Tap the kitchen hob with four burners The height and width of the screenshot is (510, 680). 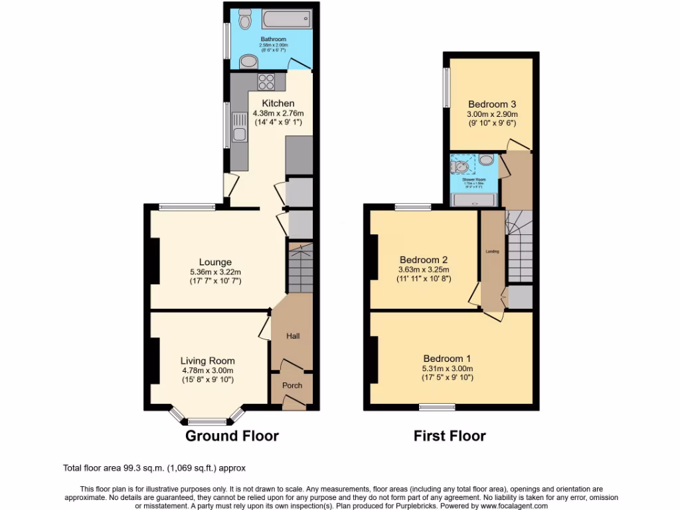(x=266, y=82)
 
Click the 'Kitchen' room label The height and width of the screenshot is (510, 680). (x=278, y=103)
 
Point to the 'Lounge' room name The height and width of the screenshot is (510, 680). (x=215, y=262)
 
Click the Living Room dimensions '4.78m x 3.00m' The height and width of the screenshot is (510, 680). (x=208, y=371)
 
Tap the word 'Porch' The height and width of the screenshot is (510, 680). (x=292, y=385)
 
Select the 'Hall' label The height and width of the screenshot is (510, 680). (x=293, y=336)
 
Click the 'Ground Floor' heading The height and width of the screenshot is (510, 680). (x=231, y=436)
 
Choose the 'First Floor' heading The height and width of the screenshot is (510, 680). (x=450, y=436)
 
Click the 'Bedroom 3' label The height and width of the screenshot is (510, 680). (x=492, y=104)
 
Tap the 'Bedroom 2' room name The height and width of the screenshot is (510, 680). (x=424, y=260)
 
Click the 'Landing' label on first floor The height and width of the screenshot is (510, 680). (x=491, y=251)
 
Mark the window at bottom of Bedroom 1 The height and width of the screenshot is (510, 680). (x=436, y=406)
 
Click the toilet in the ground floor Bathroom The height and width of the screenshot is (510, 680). (x=245, y=21)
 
